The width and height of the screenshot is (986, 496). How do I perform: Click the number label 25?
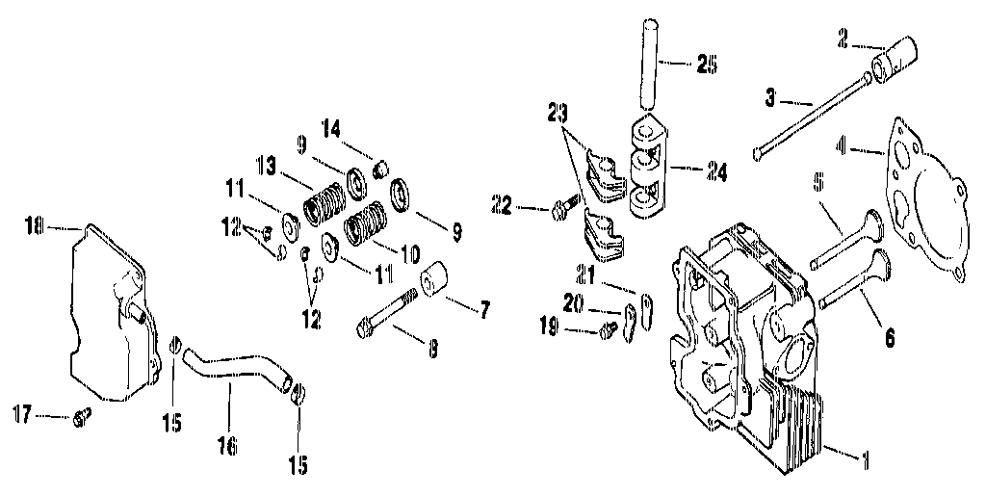tap(707, 65)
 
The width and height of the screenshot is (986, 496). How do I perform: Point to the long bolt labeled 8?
tap(391, 316)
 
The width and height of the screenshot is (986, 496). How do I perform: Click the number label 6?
tap(889, 338)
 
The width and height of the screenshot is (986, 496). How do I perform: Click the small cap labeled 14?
tap(378, 170)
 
